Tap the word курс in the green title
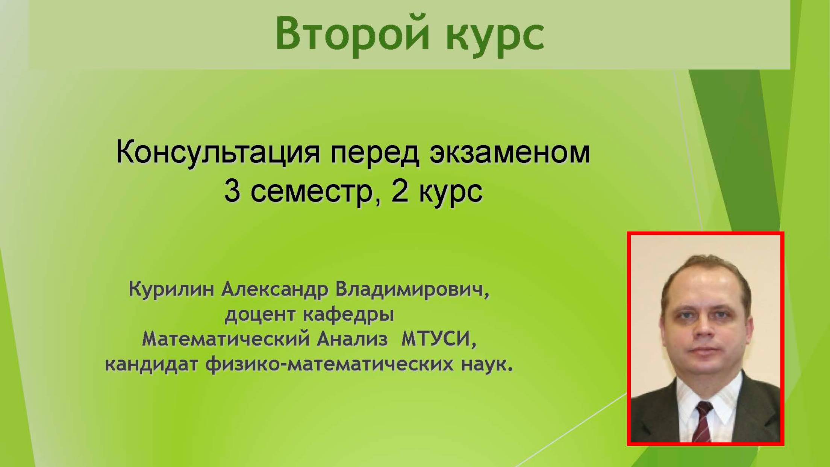495,36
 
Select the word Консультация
218,152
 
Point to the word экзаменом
510,152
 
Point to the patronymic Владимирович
412,290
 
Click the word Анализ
352,340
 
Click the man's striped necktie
702,421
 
